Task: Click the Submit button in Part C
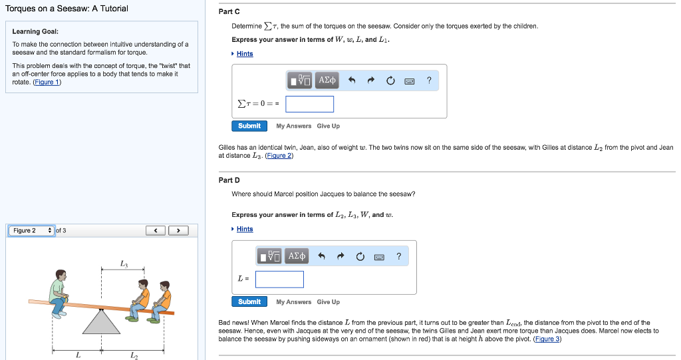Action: [x=249, y=126]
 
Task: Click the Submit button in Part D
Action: [x=249, y=301]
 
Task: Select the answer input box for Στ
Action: [x=309, y=104]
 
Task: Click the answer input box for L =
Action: [x=279, y=279]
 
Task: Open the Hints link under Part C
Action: [x=245, y=54]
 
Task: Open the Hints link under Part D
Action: [x=245, y=229]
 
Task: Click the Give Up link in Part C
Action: [x=328, y=126]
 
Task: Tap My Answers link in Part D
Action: [x=293, y=301]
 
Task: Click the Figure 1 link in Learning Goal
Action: [x=47, y=83]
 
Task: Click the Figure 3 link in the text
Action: [x=547, y=339]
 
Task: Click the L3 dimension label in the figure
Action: [x=124, y=264]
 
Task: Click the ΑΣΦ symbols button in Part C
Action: [x=328, y=81]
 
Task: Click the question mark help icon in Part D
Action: [x=398, y=256]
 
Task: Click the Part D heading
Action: [x=229, y=180]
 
